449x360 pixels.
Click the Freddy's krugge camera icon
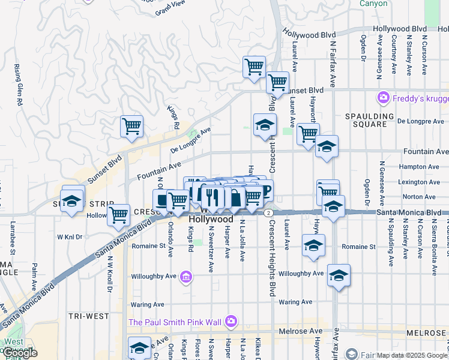pyautogui.click(x=382, y=97)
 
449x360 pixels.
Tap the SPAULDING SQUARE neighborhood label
pyautogui.click(x=370, y=120)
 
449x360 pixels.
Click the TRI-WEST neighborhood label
pyautogui.click(x=88, y=316)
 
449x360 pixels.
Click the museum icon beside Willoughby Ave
pyautogui.click(x=186, y=277)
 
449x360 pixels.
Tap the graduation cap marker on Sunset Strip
pyautogui.click(x=72, y=201)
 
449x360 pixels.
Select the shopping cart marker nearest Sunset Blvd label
pyautogui.click(x=277, y=82)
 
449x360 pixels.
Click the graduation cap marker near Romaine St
pyautogui.click(x=313, y=245)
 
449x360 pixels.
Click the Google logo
pyautogui.click(x=19, y=353)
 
